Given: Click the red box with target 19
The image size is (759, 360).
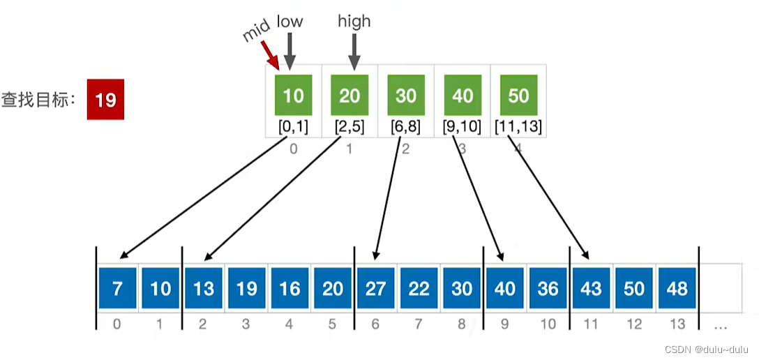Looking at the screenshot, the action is pos(105,100).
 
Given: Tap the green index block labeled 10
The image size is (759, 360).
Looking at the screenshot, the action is pos(294,95).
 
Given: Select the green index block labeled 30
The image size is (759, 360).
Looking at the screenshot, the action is pos(406,95).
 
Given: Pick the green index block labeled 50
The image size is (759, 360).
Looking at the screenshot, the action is pos(518,95).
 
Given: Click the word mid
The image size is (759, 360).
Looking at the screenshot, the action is pos(256,31).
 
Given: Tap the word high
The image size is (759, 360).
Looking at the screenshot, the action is pos(354,22).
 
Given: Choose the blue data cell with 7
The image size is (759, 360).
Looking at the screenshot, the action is pos(117,288).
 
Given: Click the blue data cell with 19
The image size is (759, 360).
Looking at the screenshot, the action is pos(247,288).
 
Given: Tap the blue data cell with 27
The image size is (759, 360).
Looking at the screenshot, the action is pos(376,288).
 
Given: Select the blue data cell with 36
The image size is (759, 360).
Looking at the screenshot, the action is pos(548,288).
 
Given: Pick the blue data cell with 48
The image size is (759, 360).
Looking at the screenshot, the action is pos(677,288).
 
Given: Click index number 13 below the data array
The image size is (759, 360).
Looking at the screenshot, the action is pos(677,324).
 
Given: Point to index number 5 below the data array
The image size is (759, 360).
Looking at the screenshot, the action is pos(333,324).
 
